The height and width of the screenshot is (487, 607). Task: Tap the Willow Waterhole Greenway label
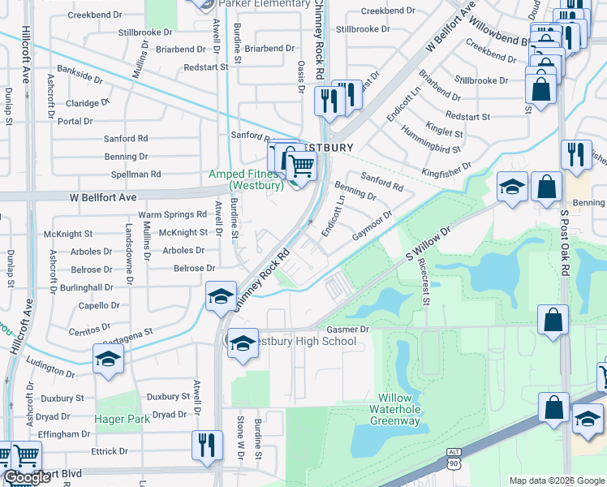pos(396,409)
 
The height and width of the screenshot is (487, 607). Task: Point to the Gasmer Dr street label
pos(348,330)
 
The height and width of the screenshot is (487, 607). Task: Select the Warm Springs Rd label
pos(173,215)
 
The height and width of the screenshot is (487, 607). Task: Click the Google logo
pos(27,477)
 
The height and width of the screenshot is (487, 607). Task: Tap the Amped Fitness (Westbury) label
pos(246,179)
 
